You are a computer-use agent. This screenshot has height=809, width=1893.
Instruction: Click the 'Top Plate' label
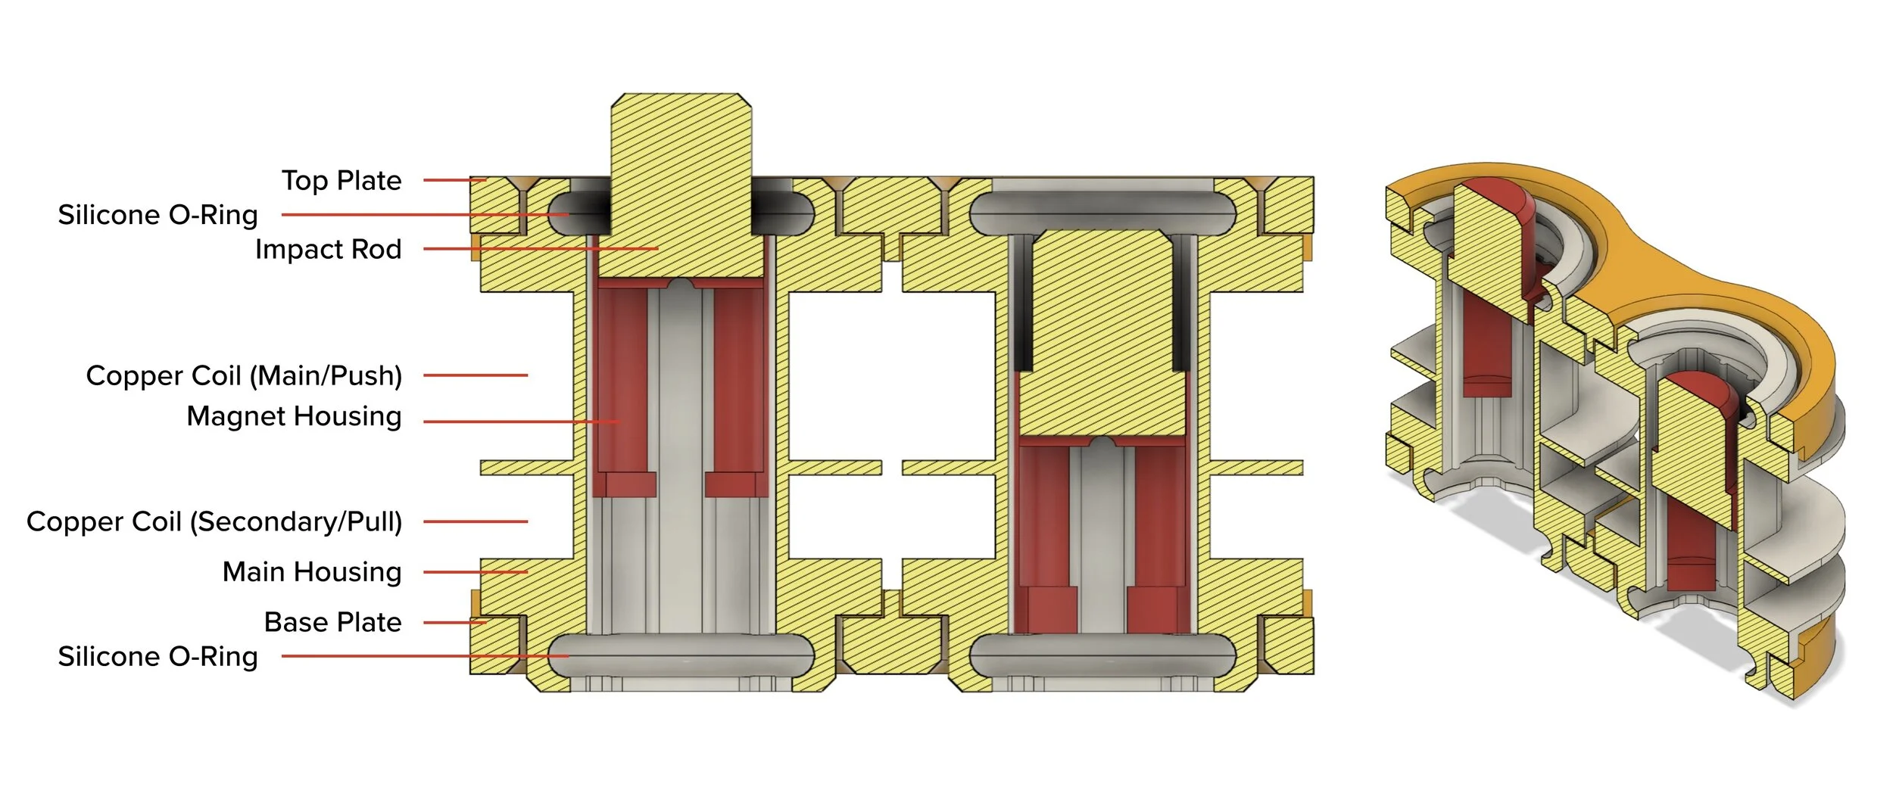pyautogui.click(x=341, y=181)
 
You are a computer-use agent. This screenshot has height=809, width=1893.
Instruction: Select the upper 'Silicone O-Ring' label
pyautogui.click(x=158, y=215)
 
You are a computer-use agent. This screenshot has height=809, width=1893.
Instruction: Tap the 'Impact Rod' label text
pyautogui.click(x=328, y=249)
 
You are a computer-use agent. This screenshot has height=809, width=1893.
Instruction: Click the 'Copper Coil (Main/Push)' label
pyautogui.click(x=244, y=375)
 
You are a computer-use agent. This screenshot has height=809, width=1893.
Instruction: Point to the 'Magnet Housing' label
pyautogui.click(x=294, y=417)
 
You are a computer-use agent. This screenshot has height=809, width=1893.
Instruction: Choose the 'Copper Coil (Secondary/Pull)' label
pyautogui.click(x=214, y=521)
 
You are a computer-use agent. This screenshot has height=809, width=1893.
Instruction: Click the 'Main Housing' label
pyautogui.click(x=312, y=572)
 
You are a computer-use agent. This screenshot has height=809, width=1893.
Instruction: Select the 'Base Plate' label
pyautogui.click(x=333, y=622)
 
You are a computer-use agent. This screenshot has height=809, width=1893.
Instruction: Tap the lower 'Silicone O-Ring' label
pyautogui.click(x=158, y=656)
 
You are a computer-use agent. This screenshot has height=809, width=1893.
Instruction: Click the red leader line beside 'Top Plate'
pyautogui.click(x=454, y=180)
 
